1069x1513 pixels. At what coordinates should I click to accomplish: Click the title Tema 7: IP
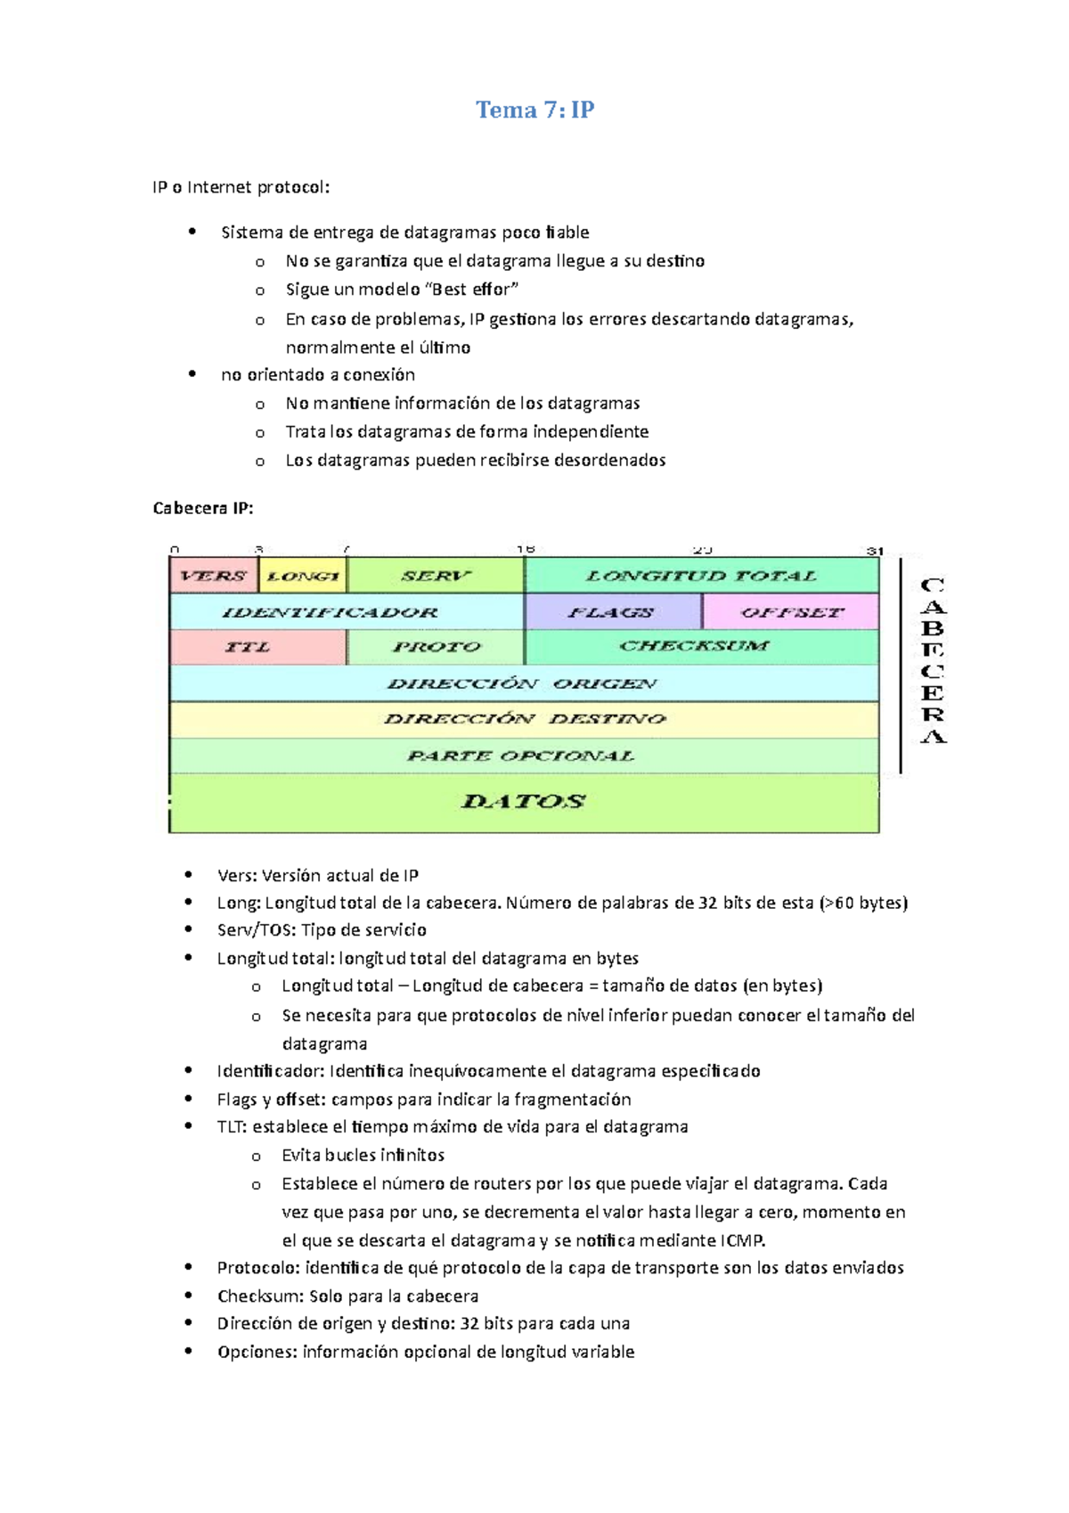point(534,110)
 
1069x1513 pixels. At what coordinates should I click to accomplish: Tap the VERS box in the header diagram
point(213,576)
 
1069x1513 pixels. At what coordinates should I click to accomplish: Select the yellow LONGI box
point(302,576)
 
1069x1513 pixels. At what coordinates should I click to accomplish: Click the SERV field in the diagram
point(435,576)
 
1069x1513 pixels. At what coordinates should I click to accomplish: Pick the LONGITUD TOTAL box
point(701,576)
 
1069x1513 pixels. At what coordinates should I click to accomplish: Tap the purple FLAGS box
point(611,612)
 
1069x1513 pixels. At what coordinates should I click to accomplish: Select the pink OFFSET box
point(791,612)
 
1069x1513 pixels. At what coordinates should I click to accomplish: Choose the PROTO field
point(436,647)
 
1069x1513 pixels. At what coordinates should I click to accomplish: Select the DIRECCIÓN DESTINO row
point(524,719)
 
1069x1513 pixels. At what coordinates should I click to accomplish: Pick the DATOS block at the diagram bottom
point(523,802)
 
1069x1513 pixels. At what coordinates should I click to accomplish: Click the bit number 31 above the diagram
point(875,551)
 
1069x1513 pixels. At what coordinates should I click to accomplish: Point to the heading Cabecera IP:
point(203,508)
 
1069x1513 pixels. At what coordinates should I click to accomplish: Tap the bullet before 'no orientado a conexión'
point(192,374)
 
